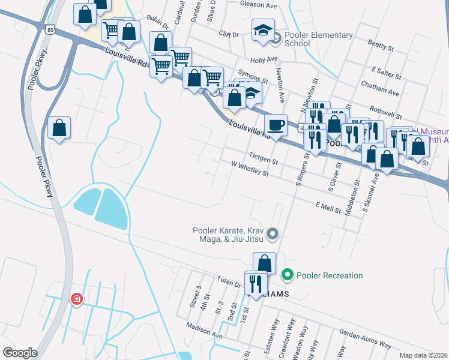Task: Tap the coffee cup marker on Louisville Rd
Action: pos(276,125)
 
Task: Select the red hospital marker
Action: pos(76,299)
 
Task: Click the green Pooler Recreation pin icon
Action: pos(288,275)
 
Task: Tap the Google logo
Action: pos(20,352)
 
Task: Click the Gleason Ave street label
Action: pos(258,5)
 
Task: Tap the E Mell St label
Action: pos(328,206)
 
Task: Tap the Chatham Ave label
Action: pos(380,89)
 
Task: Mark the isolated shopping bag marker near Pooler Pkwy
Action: pos(59,128)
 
